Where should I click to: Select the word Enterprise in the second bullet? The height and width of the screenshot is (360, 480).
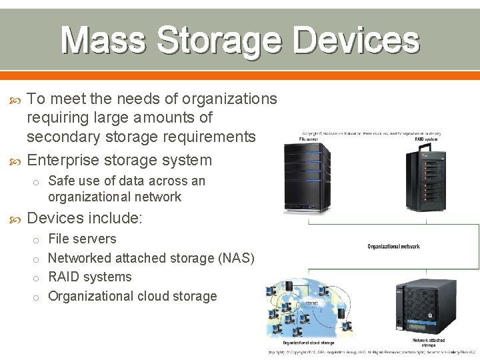[x=64, y=160]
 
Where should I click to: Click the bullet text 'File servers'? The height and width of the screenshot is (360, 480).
[x=83, y=239]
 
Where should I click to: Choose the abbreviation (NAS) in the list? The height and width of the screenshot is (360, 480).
[x=233, y=258]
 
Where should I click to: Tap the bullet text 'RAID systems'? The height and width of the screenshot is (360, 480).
[x=90, y=277]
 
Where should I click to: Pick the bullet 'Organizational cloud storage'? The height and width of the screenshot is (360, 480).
[x=133, y=296]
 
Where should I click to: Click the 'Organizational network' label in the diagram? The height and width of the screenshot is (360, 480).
[x=394, y=246]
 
